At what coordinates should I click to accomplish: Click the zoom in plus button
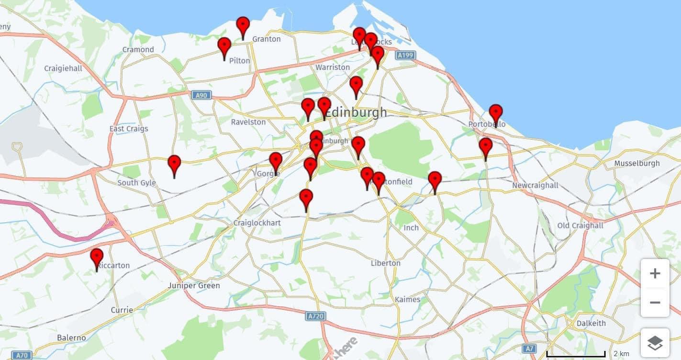tap(655, 274)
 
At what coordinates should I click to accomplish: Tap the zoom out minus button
tap(655, 303)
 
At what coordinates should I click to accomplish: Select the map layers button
tap(655, 343)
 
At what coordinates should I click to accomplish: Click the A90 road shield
tap(201, 95)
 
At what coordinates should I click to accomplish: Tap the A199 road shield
tap(405, 56)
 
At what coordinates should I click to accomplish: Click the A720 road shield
tap(315, 316)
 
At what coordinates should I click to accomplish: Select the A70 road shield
tap(22, 355)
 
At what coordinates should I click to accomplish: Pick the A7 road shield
tap(529, 349)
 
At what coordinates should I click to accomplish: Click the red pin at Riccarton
tap(97, 258)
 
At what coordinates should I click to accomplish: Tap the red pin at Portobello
tap(496, 113)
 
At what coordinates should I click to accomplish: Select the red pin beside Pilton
tap(224, 46)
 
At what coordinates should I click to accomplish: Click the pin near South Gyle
tap(174, 164)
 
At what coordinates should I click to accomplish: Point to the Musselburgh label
tap(636, 163)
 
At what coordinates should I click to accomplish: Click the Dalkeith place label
tap(591, 323)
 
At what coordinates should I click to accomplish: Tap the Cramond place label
tap(138, 49)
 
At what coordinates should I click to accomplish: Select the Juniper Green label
tap(194, 285)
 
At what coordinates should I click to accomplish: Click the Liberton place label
tap(385, 263)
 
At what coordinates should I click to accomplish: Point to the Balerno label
tap(71, 337)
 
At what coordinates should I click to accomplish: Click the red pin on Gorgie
tap(276, 161)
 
